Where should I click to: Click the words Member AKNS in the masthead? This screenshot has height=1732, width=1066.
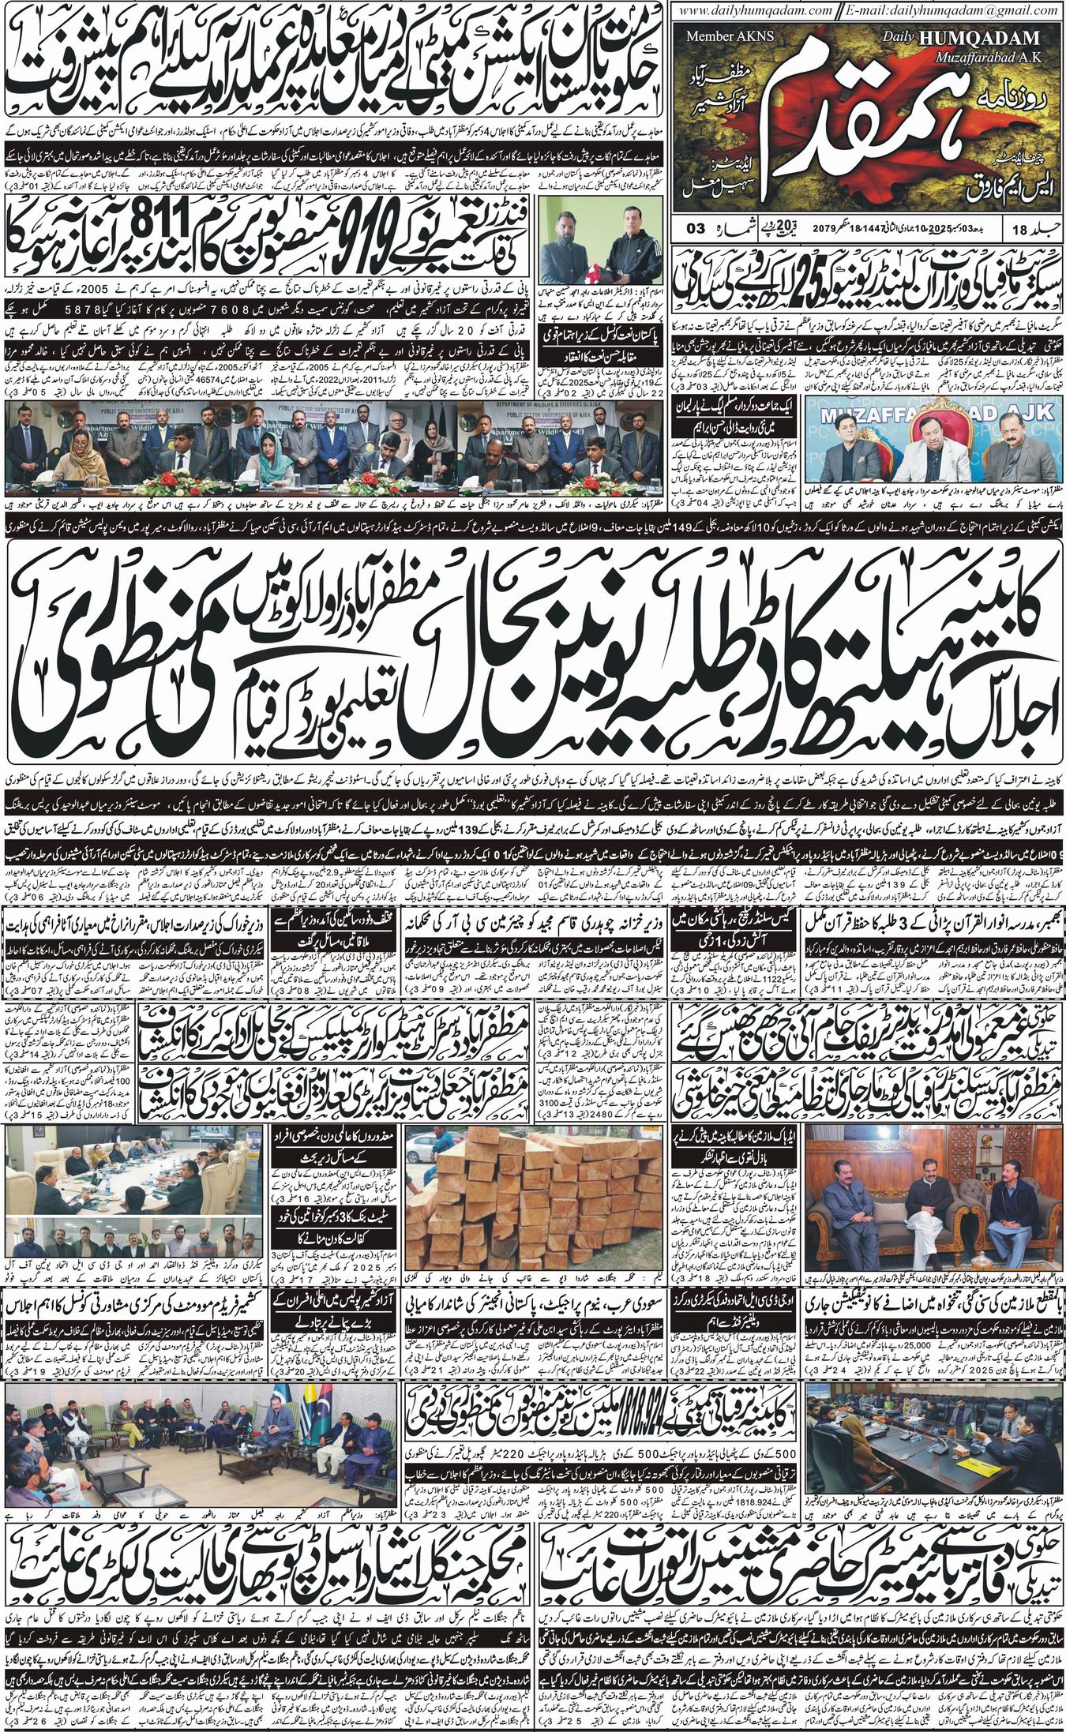(723, 36)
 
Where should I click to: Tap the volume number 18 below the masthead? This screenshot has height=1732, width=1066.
(1023, 229)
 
